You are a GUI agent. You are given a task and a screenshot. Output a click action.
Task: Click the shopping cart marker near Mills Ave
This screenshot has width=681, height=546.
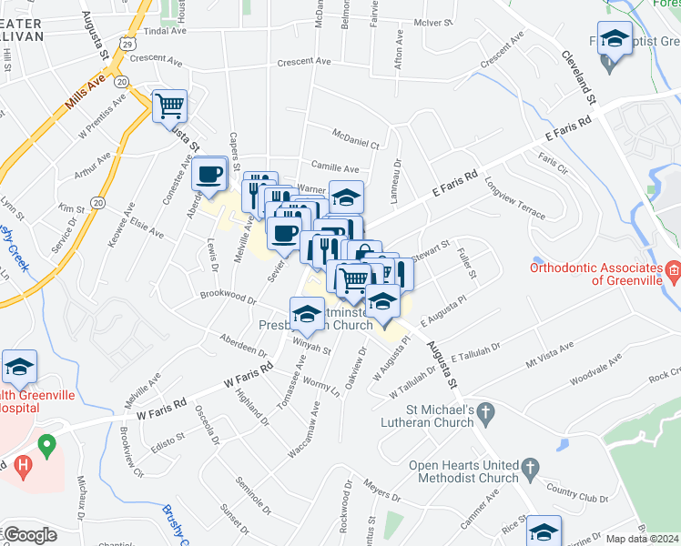tap(169, 106)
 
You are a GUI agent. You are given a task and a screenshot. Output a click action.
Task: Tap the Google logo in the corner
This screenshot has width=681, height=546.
tap(30, 535)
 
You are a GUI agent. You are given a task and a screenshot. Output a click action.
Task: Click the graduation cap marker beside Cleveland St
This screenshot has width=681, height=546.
tap(615, 39)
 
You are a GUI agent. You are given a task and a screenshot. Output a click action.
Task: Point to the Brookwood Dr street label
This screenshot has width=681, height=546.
tap(228, 297)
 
